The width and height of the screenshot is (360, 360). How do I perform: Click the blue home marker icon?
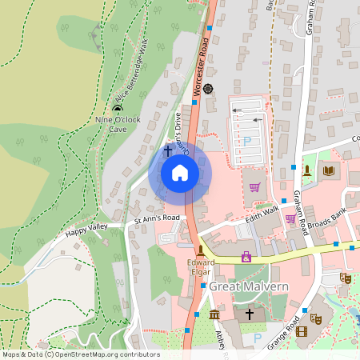[x=180, y=172]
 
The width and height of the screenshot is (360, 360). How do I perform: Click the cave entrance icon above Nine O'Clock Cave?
[x=118, y=108]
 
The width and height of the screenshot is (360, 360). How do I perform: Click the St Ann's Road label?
[x=159, y=218]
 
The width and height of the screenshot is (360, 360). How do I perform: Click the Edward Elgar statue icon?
[x=201, y=250]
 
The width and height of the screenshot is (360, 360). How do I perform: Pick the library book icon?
[x=328, y=170]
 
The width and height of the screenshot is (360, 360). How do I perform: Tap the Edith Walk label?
[x=262, y=213]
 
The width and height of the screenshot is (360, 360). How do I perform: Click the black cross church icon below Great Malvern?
[x=249, y=314]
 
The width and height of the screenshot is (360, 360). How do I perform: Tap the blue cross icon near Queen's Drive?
[x=168, y=150]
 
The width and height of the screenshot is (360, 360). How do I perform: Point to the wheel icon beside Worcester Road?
[x=209, y=88]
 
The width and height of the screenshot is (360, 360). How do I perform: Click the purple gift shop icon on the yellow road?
[x=246, y=257]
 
